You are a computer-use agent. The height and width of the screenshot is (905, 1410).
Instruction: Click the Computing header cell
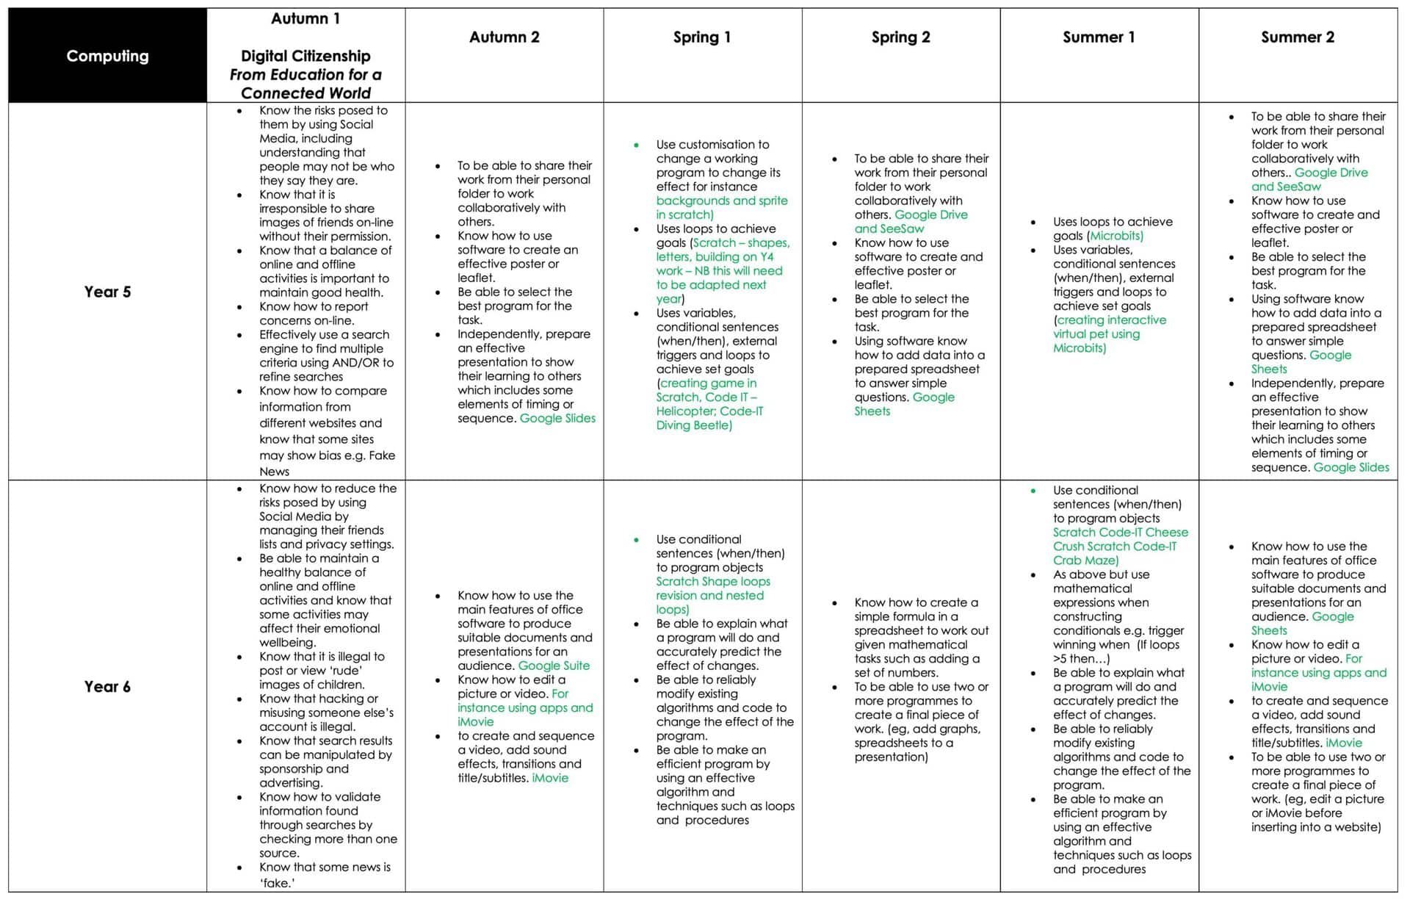(x=107, y=56)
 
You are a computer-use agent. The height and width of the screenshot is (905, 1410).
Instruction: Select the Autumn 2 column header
(x=504, y=37)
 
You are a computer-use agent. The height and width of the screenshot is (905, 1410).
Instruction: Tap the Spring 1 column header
(x=702, y=37)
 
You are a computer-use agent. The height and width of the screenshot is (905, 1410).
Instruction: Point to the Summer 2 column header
(x=1297, y=37)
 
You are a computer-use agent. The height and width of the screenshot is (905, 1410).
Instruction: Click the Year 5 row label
(x=107, y=292)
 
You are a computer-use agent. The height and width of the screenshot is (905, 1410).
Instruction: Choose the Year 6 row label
(x=107, y=687)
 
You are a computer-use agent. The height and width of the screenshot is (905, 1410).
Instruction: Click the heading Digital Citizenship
(x=305, y=56)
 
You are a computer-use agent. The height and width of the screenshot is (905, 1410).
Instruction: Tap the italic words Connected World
(x=305, y=93)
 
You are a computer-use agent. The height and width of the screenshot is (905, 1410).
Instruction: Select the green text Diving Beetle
(x=693, y=425)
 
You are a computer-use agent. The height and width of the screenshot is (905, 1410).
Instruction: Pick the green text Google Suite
(x=554, y=666)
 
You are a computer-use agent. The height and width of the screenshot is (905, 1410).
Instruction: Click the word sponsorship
(x=293, y=769)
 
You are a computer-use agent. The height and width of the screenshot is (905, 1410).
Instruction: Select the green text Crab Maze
(x=1084, y=560)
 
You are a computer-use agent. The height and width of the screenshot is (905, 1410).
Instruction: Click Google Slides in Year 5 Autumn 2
(x=557, y=419)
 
